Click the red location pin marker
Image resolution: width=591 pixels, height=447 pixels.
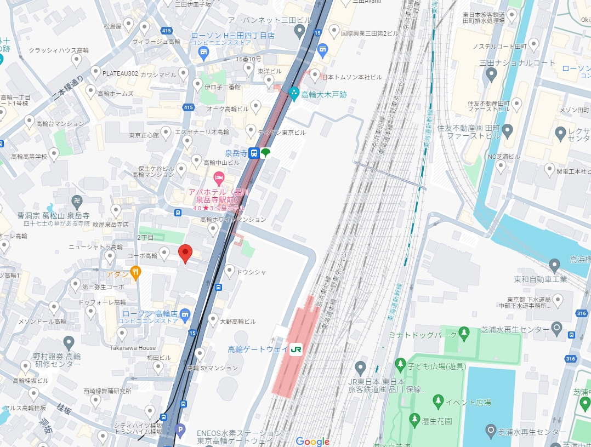[185, 254]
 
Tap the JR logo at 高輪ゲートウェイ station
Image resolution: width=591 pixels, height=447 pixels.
[297, 349]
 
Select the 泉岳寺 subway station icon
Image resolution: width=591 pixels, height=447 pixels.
[254, 153]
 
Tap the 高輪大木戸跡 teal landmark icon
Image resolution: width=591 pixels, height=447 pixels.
[294, 94]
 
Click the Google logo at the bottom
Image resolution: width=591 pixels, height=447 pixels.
[312, 441]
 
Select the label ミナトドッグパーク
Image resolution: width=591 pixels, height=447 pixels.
[422, 334]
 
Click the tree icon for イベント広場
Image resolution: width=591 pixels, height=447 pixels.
[438, 402]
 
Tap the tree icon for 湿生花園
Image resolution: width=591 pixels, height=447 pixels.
[414, 420]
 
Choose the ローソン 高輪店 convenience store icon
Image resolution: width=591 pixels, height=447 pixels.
[185, 314]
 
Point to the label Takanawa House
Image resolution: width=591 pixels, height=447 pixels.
[132, 348]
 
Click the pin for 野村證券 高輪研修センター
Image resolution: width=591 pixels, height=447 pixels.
[69, 343]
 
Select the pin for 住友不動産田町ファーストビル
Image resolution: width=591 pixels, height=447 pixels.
[507, 131]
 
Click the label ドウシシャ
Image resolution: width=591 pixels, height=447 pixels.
[253, 272]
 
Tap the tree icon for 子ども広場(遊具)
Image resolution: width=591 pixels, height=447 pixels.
[401, 365]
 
